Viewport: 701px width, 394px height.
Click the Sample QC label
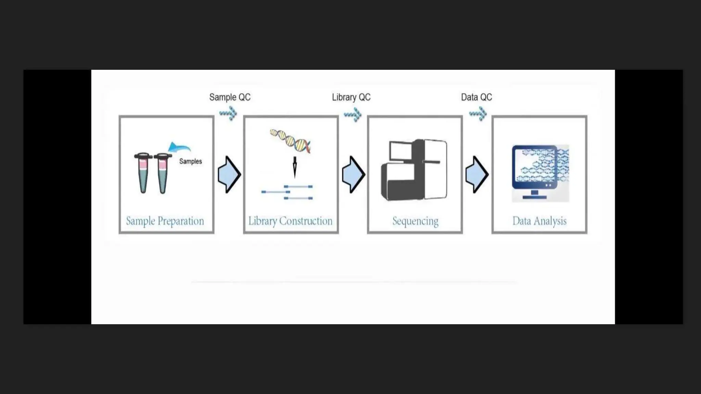pyautogui.click(x=230, y=97)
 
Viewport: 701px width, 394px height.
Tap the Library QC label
pyautogui.click(x=351, y=97)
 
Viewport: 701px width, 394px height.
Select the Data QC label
pyautogui.click(x=476, y=97)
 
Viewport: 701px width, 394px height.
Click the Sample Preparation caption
pyautogui.click(x=165, y=221)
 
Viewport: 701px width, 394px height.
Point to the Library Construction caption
pyautogui.click(x=290, y=221)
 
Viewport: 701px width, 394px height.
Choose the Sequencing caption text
pyautogui.click(x=415, y=221)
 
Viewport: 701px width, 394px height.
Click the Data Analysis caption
pyautogui.click(x=539, y=221)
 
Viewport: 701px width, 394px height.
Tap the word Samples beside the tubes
pyautogui.click(x=190, y=161)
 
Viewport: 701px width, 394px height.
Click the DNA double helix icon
pyautogui.click(x=290, y=140)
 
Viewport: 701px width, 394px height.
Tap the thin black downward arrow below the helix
pyautogui.click(x=294, y=167)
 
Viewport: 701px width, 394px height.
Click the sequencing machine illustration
pyautogui.click(x=414, y=170)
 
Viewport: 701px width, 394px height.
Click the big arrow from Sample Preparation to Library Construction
pyautogui.click(x=229, y=174)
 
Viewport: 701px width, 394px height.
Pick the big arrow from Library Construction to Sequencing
pyautogui.click(x=353, y=174)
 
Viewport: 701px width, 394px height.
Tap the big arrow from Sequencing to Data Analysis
pyautogui.click(x=476, y=174)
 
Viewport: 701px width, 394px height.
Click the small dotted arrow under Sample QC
pyautogui.click(x=228, y=113)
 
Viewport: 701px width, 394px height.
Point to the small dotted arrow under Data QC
pyautogui.click(x=478, y=113)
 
